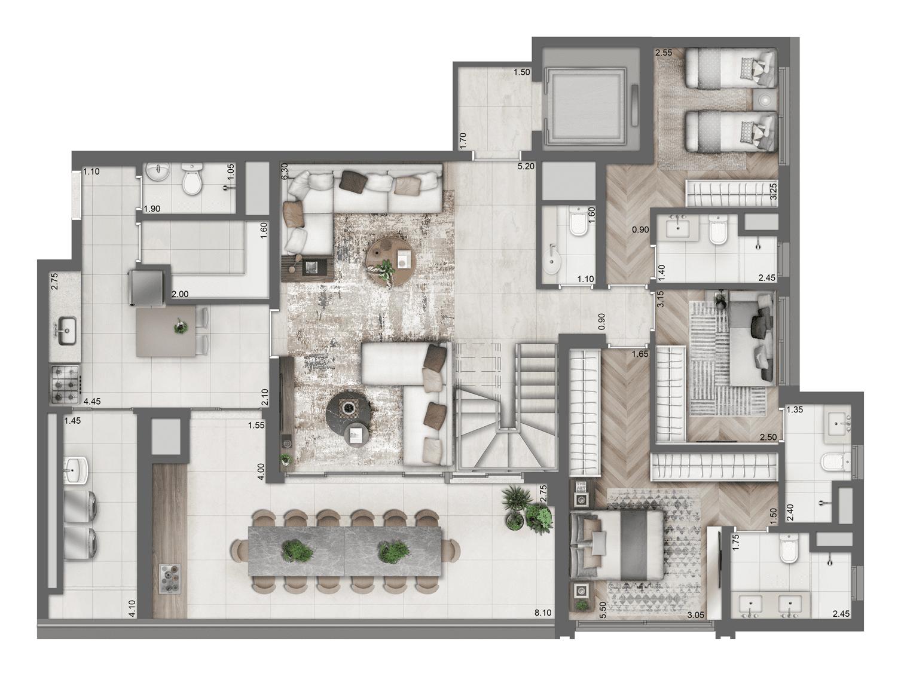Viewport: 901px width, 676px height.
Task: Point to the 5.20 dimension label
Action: [526, 166]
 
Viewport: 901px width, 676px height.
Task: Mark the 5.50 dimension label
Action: [603, 609]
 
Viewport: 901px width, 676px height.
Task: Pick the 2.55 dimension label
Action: [664, 53]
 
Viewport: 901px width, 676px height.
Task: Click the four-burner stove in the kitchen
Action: [64, 384]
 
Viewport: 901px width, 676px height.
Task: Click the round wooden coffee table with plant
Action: [389, 262]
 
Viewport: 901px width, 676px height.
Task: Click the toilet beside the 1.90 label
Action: [192, 180]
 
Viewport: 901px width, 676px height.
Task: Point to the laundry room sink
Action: [77, 469]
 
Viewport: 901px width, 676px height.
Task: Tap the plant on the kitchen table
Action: [179, 327]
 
